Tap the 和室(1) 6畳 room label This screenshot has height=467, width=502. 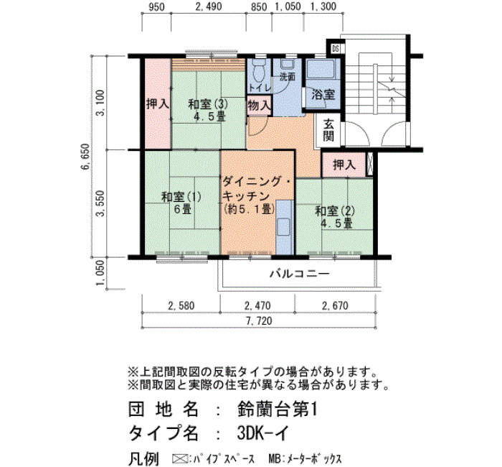pos(181,203)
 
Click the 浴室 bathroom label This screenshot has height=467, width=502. pos(323,95)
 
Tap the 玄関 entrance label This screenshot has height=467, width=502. pos(328,130)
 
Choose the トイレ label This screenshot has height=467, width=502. pos(260,87)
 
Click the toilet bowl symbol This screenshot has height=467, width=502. pos(258,70)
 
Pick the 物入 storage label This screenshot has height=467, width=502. pos(259,105)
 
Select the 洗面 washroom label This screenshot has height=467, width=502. pos(287,77)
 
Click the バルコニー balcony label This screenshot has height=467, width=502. pos(299,274)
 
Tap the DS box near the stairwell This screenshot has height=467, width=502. pos(336,49)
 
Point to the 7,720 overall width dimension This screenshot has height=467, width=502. pos(259,320)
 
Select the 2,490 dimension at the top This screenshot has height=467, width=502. pos(209,6)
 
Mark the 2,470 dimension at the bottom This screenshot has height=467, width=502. pos(257,305)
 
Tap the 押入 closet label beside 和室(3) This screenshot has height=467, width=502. pos(158,104)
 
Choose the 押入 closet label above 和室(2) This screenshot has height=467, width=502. pos(344,165)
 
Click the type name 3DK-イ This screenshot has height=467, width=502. pos(263,433)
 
